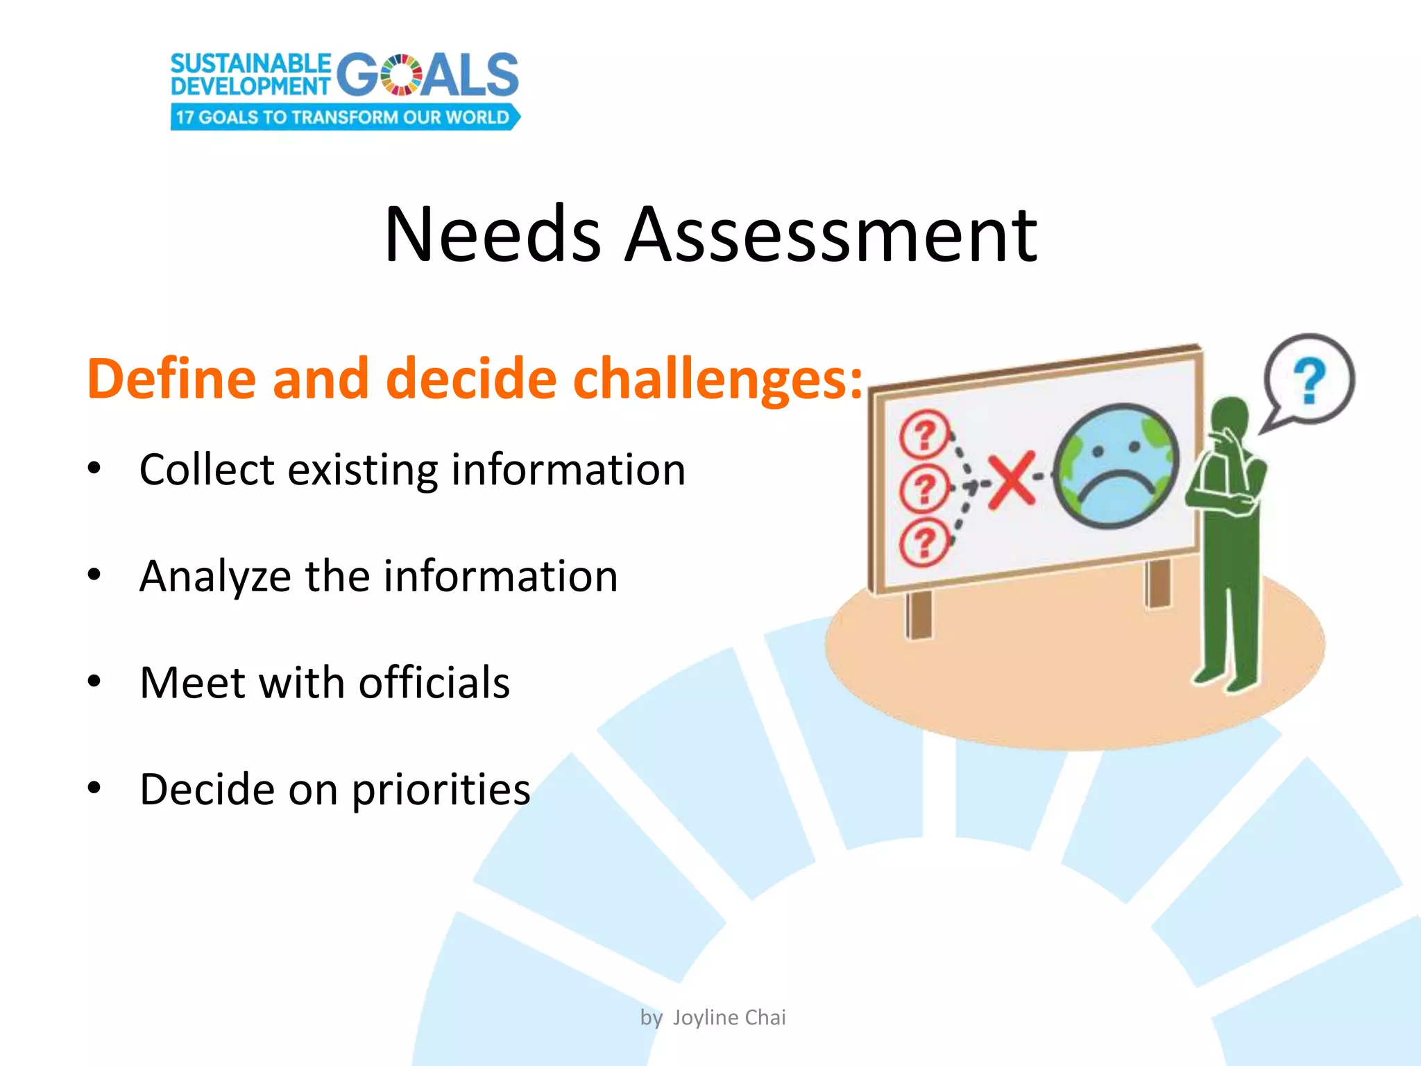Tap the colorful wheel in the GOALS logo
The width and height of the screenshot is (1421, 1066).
400,75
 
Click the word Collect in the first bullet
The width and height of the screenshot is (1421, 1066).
207,470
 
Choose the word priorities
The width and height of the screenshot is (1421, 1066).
441,790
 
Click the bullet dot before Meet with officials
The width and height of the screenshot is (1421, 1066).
94,681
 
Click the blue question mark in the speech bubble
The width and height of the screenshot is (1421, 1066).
1309,380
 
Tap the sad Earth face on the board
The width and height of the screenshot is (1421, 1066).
1116,466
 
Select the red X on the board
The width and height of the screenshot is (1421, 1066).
1012,480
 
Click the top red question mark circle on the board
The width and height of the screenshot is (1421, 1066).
924,434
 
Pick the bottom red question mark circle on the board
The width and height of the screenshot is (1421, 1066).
924,542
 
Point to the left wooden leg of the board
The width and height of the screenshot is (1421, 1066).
919,614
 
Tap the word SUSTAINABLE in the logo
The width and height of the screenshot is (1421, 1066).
251,64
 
